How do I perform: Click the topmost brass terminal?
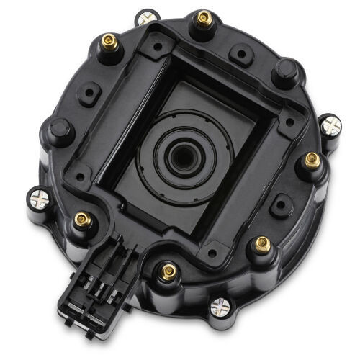click(x=204, y=17)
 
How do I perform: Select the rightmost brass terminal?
click(x=312, y=160)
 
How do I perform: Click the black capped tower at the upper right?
click(x=285, y=71)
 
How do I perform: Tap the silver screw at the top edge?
click(x=149, y=16)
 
